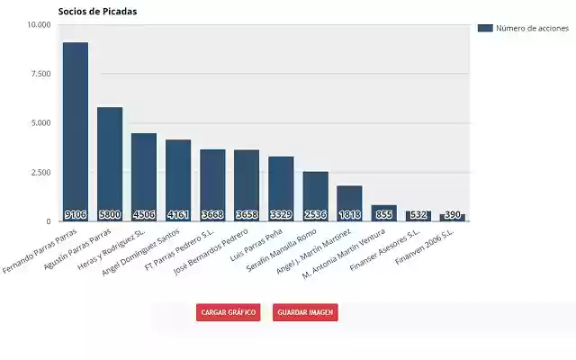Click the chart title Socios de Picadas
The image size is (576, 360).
[x=97, y=11]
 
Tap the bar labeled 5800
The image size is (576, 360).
[x=110, y=162]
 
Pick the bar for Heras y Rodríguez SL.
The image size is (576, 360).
[x=144, y=175]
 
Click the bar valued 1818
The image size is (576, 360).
[x=349, y=202]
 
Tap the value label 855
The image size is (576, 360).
[x=383, y=215]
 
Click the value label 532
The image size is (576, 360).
[x=418, y=215]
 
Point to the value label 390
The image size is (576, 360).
[x=452, y=215]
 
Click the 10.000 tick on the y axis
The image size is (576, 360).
[x=39, y=25]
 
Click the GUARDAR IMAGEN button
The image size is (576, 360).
[x=305, y=312]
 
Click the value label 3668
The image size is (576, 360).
[x=212, y=215]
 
